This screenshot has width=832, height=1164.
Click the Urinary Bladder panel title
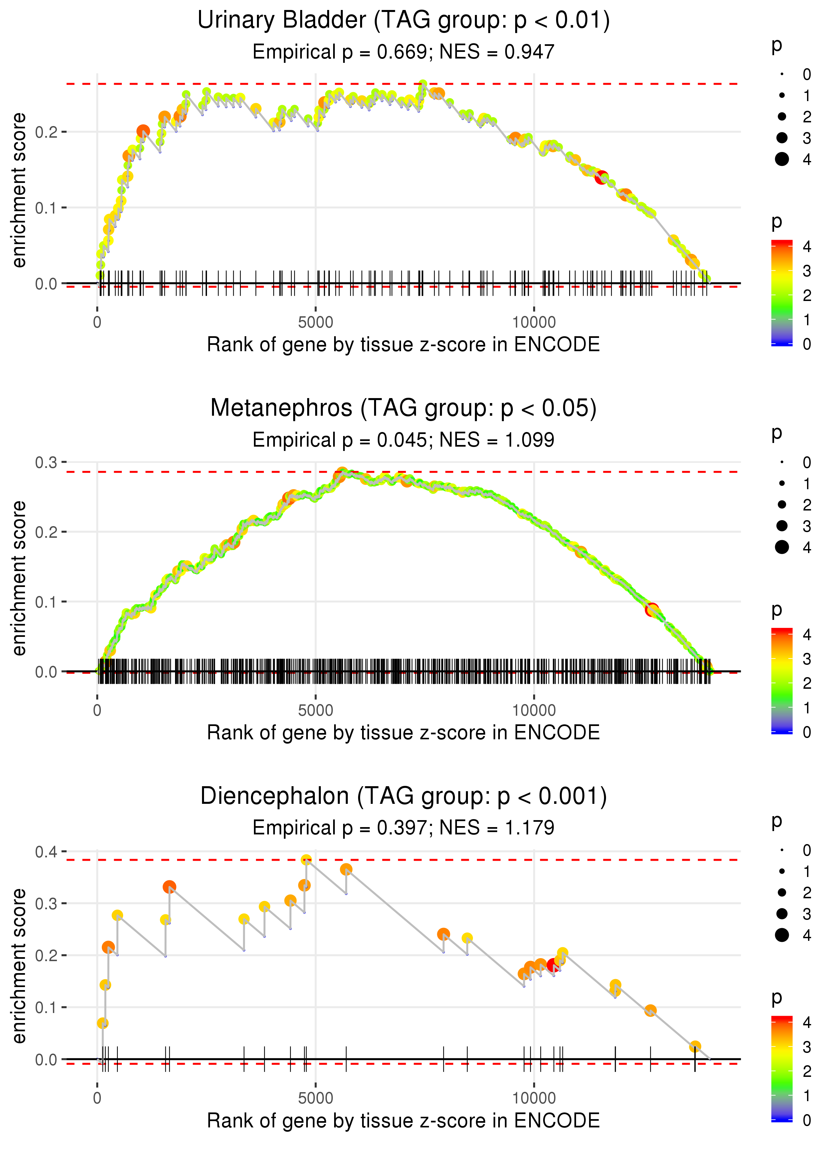pos(403,21)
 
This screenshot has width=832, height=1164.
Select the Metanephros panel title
pos(403,408)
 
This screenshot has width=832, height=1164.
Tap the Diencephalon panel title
pos(403,797)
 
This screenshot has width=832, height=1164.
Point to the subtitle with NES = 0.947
pos(403,52)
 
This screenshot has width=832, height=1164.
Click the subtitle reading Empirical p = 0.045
pos(403,440)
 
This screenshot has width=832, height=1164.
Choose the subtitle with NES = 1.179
pos(403,828)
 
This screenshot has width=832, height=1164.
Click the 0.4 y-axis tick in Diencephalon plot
pos(46,852)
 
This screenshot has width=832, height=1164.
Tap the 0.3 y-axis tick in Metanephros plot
pos(46,463)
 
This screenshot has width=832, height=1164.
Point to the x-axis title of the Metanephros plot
pos(403,733)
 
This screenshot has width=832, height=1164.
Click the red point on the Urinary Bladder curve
pos(601,177)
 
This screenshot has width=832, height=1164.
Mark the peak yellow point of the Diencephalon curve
pos(307,860)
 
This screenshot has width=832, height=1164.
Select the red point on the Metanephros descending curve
pos(651,609)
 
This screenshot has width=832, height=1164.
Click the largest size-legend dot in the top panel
pos(782,159)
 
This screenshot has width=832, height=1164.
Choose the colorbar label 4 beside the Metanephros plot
pos(807,635)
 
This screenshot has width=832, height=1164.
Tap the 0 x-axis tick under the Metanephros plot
pos(97,710)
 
